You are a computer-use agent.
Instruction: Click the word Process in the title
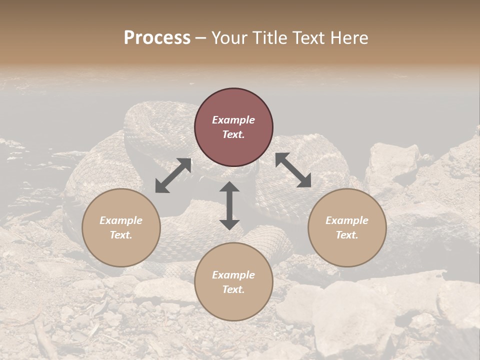click(x=157, y=38)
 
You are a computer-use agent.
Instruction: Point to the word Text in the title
click(x=311, y=38)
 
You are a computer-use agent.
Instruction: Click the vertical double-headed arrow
click(x=229, y=205)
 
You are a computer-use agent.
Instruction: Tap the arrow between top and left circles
click(x=173, y=175)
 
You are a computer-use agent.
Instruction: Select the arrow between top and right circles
click(x=293, y=170)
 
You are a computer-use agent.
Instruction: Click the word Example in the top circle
click(x=233, y=120)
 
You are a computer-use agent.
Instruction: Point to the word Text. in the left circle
click(x=121, y=235)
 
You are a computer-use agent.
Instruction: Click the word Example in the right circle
click(x=347, y=220)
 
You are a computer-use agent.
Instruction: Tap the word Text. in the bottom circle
click(x=233, y=289)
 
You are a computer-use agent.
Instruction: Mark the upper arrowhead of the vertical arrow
click(x=229, y=187)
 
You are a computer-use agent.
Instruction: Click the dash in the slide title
click(x=201, y=38)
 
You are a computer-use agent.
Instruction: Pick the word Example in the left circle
click(x=121, y=220)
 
